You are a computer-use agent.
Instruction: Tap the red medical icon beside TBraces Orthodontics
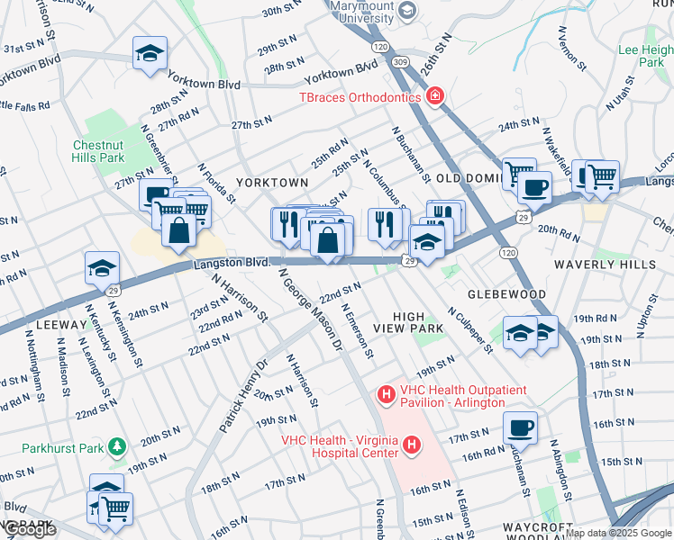435,96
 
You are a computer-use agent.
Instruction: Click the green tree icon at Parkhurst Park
115,445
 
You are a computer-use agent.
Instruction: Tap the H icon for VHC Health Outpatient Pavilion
386,394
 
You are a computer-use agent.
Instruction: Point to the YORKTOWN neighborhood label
272,182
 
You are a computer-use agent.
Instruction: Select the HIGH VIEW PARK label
419,322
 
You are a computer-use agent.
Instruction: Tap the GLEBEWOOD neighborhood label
506,294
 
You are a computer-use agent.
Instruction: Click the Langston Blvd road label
232,263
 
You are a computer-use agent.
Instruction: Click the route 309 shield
399,61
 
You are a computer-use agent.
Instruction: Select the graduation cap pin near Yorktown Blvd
150,52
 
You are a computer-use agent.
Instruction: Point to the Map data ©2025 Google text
618,534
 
